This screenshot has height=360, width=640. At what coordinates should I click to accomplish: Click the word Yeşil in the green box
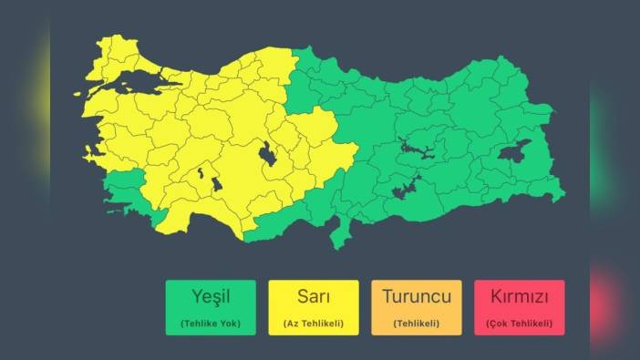click(211, 296)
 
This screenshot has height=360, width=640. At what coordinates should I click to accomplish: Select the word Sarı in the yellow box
click(314, 296)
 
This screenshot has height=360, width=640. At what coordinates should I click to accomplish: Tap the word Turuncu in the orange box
click(417, 296)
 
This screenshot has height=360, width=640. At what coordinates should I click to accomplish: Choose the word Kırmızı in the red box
click(519, 296)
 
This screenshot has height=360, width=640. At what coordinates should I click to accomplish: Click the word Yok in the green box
click(231, 324)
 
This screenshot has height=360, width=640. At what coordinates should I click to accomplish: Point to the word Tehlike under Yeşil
click(202, 324)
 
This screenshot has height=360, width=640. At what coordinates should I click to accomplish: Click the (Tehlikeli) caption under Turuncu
click(417, 324)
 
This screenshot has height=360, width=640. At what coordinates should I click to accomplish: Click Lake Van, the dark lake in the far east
click(514, 152)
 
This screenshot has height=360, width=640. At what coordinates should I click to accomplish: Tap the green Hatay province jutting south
click(341, 235)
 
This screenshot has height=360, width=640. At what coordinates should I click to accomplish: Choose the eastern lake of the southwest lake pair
click(216, 184)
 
